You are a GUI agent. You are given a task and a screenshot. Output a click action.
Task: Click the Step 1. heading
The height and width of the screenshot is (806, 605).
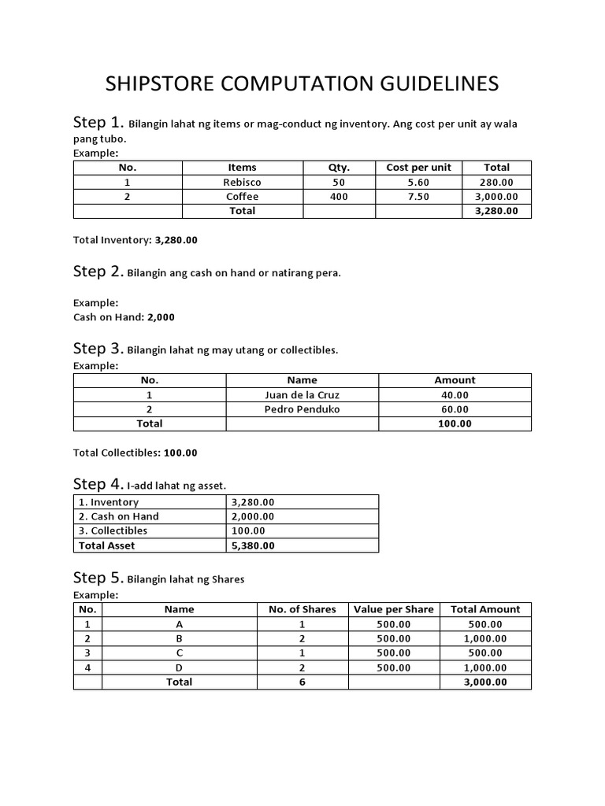[98, 123]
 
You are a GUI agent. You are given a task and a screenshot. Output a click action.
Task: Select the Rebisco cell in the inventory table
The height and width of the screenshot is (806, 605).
[242, 182]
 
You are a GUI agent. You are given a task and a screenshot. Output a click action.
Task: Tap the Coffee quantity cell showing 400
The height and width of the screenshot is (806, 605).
[339, 197]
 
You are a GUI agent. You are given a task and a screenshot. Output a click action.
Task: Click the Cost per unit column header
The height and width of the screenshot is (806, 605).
[418, 168]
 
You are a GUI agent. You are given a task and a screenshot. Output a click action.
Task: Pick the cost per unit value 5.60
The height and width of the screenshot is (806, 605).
[418, 182]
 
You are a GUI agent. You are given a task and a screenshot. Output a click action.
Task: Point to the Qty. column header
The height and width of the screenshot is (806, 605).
[339, 168]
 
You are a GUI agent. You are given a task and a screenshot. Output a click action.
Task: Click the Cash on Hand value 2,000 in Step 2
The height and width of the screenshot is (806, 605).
[161, 317]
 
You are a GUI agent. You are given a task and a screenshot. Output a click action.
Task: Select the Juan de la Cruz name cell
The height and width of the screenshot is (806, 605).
[302, 395]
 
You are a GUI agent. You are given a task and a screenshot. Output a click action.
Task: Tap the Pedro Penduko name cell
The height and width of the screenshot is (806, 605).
[302, 409]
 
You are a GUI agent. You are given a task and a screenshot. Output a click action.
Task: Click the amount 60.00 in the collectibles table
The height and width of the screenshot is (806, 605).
[455, 409]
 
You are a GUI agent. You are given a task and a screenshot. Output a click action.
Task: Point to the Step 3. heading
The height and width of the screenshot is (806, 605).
[98, 349]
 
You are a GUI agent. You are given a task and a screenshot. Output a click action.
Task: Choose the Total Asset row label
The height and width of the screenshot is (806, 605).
[106, 545]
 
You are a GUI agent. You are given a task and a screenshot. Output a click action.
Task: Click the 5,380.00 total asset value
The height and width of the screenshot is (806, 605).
[253, 545]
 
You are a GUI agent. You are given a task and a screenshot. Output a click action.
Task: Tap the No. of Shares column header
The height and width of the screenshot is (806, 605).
[302, 609]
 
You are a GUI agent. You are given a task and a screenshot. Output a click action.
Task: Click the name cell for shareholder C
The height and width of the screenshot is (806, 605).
[179, 653]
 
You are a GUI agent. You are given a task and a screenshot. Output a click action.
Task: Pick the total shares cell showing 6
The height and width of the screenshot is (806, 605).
[302, 682]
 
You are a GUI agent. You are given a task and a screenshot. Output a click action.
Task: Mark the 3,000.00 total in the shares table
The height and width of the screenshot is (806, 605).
[485, 682]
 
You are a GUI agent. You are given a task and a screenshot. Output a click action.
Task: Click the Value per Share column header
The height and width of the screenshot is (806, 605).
[394, 609]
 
